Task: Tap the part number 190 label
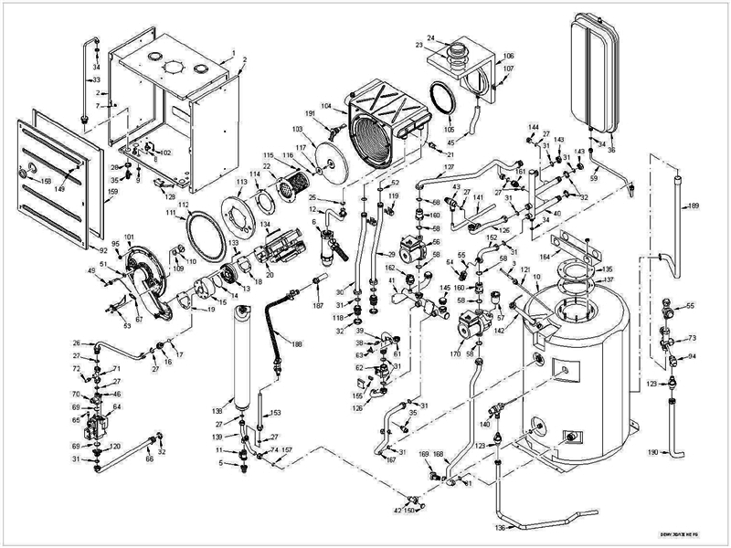(x=652, y=453)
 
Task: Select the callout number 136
(x=500, y=528)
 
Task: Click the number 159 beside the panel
(x=113, y=192)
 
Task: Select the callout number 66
(x=149, y=458)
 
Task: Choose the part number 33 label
(x=91, y=80)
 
